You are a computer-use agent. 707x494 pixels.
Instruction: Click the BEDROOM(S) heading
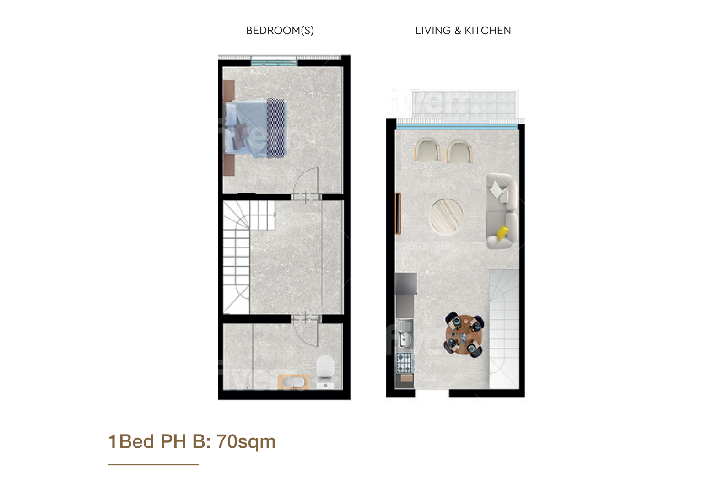pos(280,31)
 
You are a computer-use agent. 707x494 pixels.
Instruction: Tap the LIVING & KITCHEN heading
pos(463,31)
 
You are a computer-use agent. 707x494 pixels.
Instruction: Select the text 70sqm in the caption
pos(246,442)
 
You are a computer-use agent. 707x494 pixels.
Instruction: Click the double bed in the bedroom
pos(256,129)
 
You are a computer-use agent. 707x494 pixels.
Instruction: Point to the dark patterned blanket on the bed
pos(276,128)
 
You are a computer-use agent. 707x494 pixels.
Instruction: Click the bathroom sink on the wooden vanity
pos(293,382)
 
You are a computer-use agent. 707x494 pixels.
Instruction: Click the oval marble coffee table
pos(446,216)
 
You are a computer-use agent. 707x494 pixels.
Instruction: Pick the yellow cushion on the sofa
pos(502,232)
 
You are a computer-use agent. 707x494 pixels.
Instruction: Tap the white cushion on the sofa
pos(498,190)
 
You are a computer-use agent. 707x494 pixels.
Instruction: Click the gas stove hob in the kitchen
pos(405,363)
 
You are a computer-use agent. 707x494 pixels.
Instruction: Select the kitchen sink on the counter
pos(405,334)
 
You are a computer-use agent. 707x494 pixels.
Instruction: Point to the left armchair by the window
pos(427,150)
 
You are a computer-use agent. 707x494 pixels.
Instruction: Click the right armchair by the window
pos(460,151)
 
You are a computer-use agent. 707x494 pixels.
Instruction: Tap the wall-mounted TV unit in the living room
pos(398,214)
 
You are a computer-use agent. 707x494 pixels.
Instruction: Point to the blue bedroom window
pos(274,63)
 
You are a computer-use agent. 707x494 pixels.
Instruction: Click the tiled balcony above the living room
pos(464,105)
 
